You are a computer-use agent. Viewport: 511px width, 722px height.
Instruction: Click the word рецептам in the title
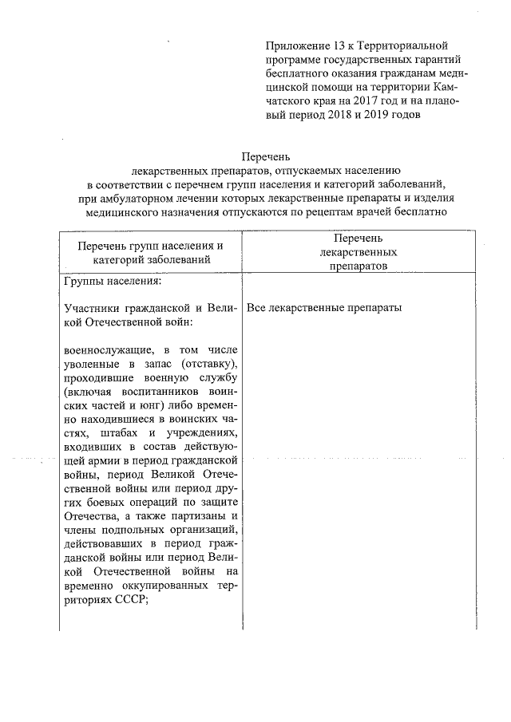[x=345, y=211]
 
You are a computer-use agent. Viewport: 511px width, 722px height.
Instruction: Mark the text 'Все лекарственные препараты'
[x=324, y=308]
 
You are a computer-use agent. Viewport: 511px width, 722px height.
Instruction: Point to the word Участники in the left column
[x=90, y=308]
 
